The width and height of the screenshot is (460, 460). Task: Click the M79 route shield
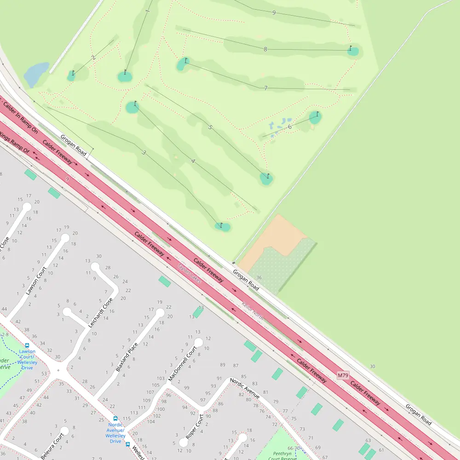click(x=343, y=375)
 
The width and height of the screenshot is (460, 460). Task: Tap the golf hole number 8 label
click(x=265, y=49)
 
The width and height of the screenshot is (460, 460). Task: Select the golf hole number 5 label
click(x=210, y=127)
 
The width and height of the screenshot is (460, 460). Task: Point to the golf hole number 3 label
click(x=144, y=152)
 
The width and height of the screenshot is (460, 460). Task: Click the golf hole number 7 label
click(x=265, y=88)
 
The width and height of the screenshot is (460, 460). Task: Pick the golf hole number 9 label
click(x=274, y=12)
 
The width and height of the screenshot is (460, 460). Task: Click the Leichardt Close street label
click(x=100, y=313)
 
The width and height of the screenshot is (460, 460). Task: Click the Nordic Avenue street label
click(x=245, y=388)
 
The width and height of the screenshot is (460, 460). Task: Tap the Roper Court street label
click(x=194, y=426)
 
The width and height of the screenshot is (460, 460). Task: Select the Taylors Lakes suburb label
click(x=190, y=273)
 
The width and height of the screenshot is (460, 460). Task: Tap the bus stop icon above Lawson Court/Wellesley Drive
click(x=27, y=345)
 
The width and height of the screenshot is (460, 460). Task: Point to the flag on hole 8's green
click(x=351, y=48)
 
